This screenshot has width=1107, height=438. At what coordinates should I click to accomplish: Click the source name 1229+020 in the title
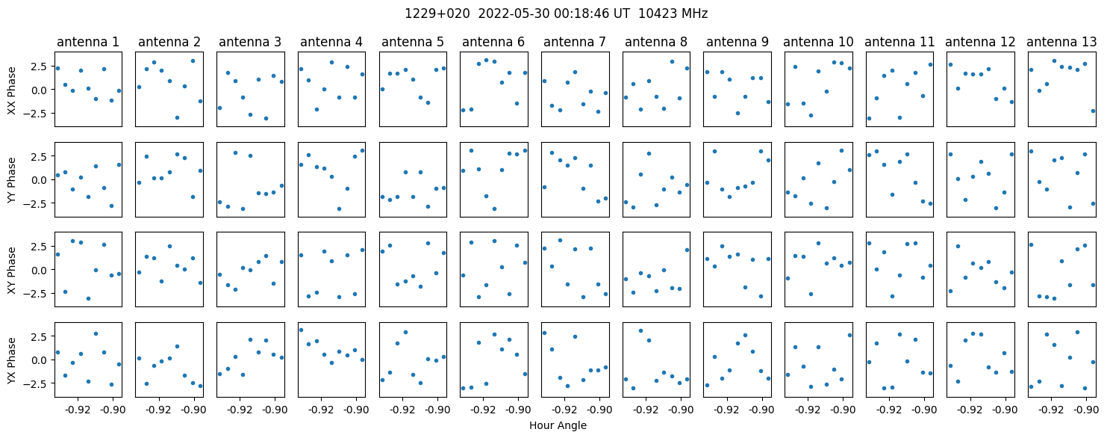point(437,13)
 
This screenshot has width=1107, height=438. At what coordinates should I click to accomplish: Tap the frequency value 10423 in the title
point(652,13)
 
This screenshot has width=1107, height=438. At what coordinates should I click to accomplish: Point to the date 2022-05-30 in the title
point(514,13)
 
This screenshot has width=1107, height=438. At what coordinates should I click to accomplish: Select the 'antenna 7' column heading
point(575,42)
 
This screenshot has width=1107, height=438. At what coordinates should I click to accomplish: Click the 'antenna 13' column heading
point(1061,42)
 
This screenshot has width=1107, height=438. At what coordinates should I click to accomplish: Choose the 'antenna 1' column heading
point(88,42)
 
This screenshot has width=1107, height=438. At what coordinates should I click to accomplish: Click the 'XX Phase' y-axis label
point(11,90)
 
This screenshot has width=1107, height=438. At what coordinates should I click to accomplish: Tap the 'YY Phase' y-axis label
point(11,181)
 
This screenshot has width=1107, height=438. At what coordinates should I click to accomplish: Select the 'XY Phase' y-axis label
point(11,271)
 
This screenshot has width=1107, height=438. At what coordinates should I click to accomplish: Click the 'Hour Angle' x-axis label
point(558,425)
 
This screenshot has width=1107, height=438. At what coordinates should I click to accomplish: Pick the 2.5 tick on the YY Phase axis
point(41,156)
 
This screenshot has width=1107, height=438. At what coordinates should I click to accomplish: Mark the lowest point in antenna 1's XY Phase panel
point(89,298)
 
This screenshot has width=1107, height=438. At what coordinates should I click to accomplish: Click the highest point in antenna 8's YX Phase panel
point(641,330)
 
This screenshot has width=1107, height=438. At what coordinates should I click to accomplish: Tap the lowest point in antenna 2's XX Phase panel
point(177,118)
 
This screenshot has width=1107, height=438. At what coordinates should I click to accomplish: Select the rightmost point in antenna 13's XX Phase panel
point(1093,111)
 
